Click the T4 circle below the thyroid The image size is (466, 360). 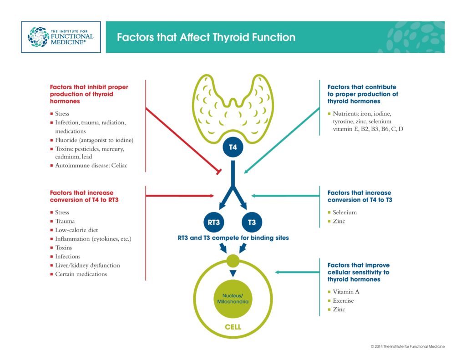click(x=233, y=147)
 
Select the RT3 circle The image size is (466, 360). click(x=214, y=223)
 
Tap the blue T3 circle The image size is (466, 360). click(x=252, y=223)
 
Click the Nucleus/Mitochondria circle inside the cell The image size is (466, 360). click(x=233, y=299)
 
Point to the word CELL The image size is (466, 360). click(x=233, y=327)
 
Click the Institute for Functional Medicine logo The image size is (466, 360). click(x=61, y=36)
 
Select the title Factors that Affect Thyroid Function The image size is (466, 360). click(x=206, y=37)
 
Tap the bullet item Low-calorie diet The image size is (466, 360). click(x=76, y=230)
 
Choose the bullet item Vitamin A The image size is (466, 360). click(x=346, y=292)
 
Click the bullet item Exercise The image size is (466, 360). click(x=343, y=300)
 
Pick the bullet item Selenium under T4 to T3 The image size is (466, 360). click(x=344, y=212)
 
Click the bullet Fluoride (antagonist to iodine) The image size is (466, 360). click(x=94, y=140)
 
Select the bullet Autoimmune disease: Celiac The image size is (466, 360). click(x=91, y=165)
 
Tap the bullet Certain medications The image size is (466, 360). click(x=81, y=274)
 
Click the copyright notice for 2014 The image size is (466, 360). click(x=407, y=346)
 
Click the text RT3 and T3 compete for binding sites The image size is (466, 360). click(x=233, y=238)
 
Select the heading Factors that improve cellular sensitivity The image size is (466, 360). click(x=359, y=272)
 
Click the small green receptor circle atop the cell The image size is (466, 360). click(x=233, y=261)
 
